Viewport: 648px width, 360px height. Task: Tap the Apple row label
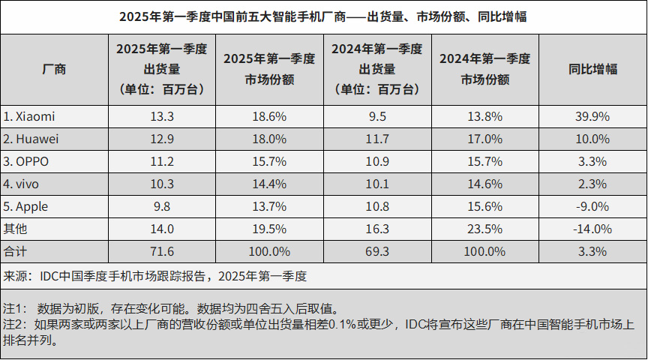[x=28, y=206]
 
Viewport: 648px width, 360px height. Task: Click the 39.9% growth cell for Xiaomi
[x=592, y=116]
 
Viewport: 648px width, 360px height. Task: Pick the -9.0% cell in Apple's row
[x=592, y=206]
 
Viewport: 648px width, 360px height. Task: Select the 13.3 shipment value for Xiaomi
[x=162, y=116]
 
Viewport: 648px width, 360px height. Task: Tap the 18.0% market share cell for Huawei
[x=270, y=139]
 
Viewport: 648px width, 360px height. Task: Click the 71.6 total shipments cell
[x=162, y=251]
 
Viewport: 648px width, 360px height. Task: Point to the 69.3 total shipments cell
[x=377, y=251]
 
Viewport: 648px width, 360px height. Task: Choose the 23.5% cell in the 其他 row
[x=484, y=229]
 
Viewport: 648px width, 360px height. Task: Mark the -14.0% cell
[x=592, y=229]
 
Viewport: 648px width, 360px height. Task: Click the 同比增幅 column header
[x=592, y=69]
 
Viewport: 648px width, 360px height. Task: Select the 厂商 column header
[x=55, y=69]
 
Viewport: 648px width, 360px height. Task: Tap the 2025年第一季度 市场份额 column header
[x=270, y=69]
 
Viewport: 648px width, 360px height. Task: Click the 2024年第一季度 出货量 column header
[x=377, y=69]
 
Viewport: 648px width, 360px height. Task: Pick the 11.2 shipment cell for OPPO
[x=162, y=161]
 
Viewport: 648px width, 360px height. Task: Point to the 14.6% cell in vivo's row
[x=484, y=184]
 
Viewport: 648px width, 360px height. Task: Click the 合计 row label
[x=15, y=251]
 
